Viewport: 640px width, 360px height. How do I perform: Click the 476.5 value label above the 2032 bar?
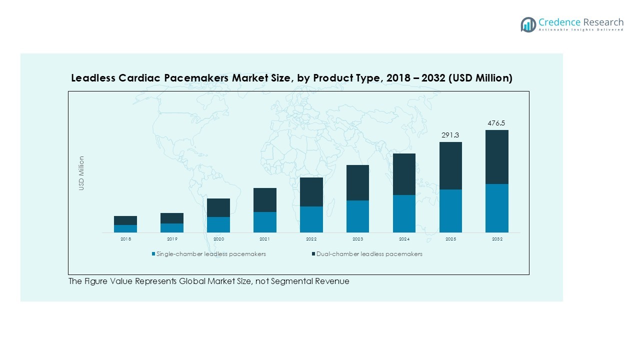(x=497, y=123)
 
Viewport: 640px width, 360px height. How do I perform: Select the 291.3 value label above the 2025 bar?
(x=450, y=135)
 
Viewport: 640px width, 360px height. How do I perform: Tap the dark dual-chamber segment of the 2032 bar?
(x=497, y=157)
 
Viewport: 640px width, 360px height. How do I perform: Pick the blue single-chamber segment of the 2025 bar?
(x=450, y=210)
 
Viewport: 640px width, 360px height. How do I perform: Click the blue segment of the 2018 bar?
(x=125, y=228)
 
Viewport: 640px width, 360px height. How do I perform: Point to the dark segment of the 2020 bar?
(x=218, y=207)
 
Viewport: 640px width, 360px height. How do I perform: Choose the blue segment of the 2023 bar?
(x=357, y=216)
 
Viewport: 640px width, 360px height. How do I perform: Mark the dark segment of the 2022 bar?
(x=311, y=191)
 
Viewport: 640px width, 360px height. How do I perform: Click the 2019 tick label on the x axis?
(x=172, y=239)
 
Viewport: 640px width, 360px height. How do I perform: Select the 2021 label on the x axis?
(x=265, y=239)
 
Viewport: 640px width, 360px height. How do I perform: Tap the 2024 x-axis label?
(x=404, y=239)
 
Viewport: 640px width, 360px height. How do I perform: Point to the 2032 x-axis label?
(x=497, y=239)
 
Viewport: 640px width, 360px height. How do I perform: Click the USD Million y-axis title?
(x=81, y=173)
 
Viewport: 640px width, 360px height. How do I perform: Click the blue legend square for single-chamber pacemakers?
(x=154, y=254)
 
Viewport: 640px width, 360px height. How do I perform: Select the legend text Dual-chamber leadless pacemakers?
(x=369, y=254)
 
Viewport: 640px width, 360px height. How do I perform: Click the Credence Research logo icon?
(x=528, y=24)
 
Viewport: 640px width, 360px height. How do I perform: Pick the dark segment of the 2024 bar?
(x=404, y=174)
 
